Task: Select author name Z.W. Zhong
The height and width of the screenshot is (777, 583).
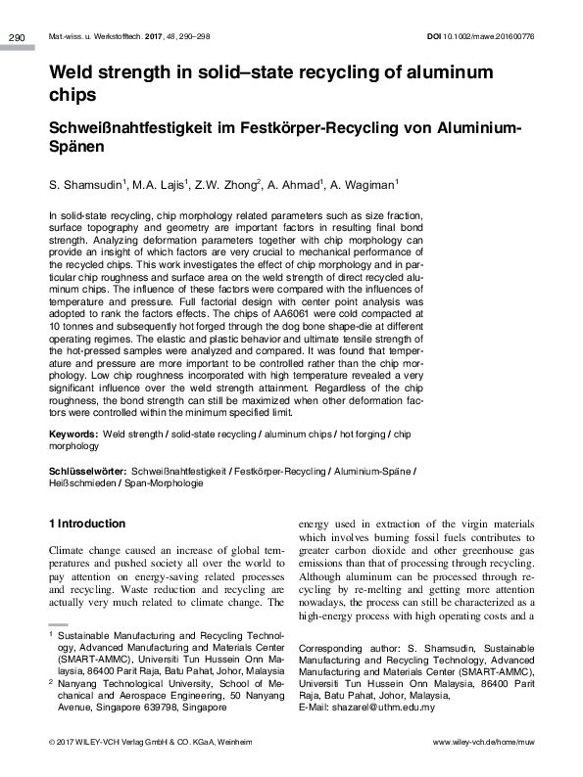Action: point(231,184)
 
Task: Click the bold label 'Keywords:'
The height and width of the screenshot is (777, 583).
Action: point(73,433)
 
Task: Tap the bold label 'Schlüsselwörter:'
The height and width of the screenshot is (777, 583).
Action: point(87,471)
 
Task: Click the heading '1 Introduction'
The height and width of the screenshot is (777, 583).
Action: point(87,524)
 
